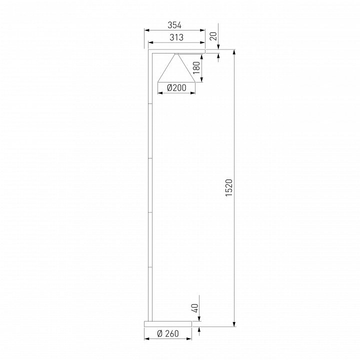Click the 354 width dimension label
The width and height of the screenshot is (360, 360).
174,25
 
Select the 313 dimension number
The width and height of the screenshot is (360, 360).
176,37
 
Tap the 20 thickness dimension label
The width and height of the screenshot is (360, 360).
213,36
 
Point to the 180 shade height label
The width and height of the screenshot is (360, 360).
196,67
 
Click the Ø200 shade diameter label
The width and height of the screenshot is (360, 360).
176,88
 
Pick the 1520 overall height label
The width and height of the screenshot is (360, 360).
229,187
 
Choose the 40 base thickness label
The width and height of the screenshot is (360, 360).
194,308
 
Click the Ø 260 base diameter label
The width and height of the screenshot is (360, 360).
168,333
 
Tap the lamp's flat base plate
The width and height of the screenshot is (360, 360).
168,324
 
